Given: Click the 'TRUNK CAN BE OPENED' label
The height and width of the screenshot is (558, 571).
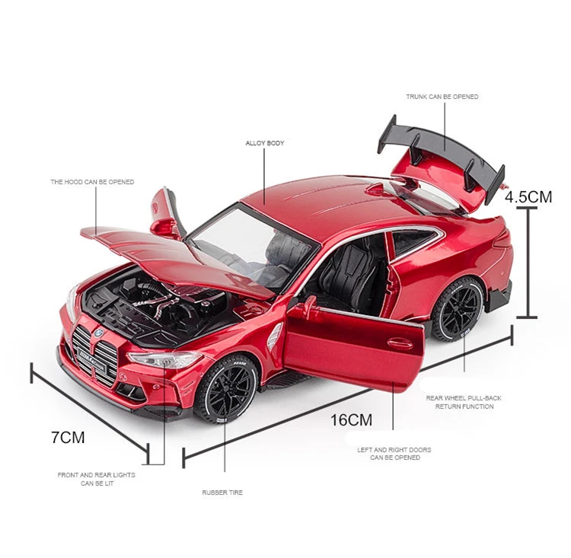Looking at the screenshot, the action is (442, 97).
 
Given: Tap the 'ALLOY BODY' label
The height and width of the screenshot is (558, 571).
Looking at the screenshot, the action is (265, 142).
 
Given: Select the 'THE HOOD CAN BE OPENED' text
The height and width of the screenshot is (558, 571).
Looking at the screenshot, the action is (92, 182).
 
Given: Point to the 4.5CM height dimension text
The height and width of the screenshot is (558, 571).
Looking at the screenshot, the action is (528, 196).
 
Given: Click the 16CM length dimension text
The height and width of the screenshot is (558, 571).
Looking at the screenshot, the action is (351, 419).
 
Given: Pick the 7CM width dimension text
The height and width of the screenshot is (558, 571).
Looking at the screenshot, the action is (68, 437).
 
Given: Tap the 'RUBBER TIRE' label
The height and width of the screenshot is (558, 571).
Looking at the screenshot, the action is (222, 493).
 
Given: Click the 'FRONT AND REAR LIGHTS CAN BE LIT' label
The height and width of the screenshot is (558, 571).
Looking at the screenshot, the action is (97, 479).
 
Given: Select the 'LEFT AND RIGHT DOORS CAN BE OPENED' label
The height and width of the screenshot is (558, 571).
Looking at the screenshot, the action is (394, 454).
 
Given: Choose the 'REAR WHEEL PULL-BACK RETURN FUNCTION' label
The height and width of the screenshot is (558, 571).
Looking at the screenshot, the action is (464, 402).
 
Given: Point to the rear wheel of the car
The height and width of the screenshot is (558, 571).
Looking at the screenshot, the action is (457, 309).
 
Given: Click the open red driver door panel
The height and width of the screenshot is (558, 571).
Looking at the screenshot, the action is (350, 346).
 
